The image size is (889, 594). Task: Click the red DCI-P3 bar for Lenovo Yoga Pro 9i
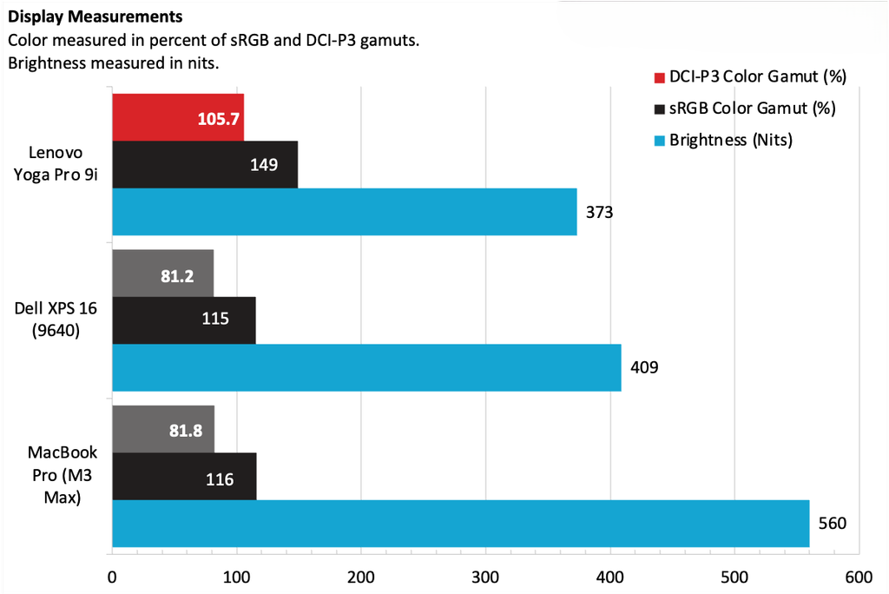pos(177,116)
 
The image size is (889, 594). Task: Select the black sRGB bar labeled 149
pos(205,164)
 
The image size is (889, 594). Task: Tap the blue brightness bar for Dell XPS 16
pos(366,367)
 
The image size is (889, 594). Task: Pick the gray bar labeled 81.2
pos(162,273)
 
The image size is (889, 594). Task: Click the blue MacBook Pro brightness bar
pos(460,524)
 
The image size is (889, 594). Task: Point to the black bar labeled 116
pos(184,476)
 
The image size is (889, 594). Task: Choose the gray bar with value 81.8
pos(162,429)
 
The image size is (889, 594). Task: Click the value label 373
pos(600,211)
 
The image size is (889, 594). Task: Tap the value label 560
pos(832,524)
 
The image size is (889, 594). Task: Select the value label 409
pos(644,367)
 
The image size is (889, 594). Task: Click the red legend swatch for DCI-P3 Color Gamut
pos(658,77)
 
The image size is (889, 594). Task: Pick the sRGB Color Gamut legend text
pos(752,109)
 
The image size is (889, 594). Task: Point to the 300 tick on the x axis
pos(485,577)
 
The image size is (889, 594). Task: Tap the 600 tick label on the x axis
pos(859,577)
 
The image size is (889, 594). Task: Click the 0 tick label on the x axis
pos(112,577)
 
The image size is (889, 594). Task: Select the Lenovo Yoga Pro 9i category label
pos(56,163)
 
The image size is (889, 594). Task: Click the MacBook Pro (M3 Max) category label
pos(56,475)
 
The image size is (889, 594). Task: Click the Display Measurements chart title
pos(95,16)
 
